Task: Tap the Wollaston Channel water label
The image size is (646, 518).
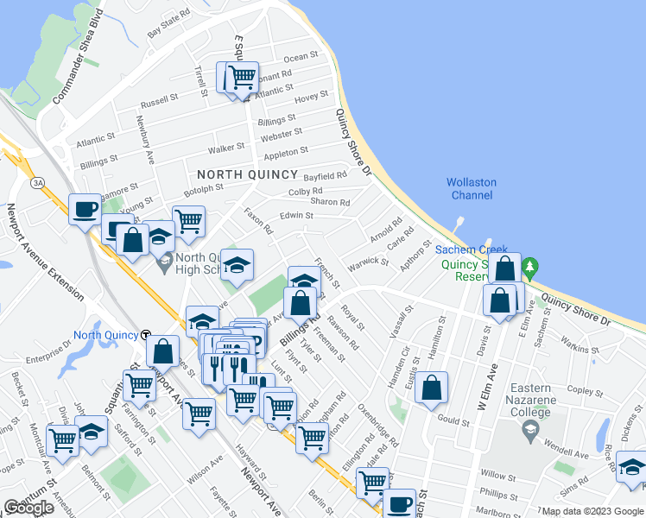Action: point(471,188)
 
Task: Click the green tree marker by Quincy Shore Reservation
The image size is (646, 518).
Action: point(533,266)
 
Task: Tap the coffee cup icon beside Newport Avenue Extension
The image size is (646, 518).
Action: point(85,209)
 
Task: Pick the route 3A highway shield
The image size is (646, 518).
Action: point(38,183)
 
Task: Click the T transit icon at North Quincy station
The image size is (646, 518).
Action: point(146,335)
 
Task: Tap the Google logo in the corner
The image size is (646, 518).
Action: point(28,508)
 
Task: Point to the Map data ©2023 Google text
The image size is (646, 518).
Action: point(592,512)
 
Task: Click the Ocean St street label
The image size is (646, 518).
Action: point(301,58)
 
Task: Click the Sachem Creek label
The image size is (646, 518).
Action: point(462,248)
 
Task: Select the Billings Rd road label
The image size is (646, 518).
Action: point(295,332)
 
